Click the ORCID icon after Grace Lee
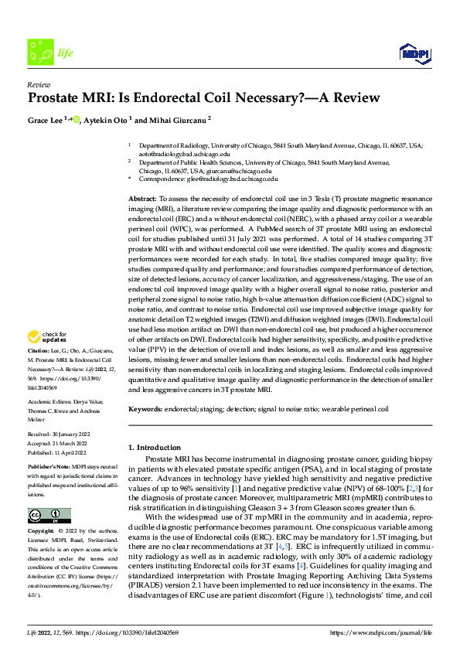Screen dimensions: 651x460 77,120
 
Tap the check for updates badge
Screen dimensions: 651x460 46,337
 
